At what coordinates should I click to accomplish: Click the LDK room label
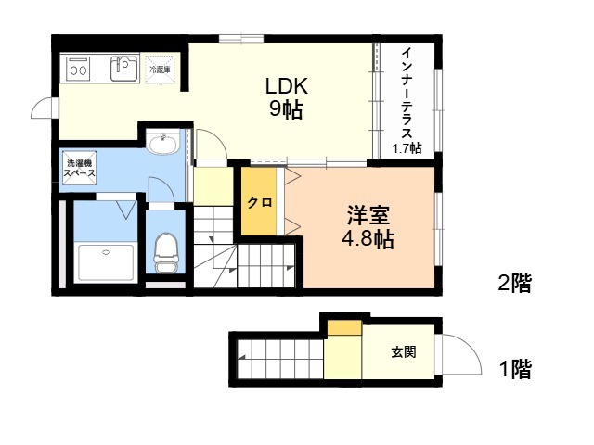286,86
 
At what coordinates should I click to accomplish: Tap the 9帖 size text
286,110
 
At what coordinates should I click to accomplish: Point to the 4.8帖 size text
367,240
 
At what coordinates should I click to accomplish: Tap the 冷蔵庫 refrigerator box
161,70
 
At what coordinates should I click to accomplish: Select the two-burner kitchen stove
78,68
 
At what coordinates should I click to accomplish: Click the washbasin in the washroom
163,144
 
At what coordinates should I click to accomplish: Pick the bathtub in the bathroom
105,263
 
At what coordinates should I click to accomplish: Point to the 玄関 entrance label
403,352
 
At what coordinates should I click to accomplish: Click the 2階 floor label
514,283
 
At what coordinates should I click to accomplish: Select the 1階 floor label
514,370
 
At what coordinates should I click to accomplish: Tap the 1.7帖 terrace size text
407,147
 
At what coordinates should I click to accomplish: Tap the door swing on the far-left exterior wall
44,109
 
